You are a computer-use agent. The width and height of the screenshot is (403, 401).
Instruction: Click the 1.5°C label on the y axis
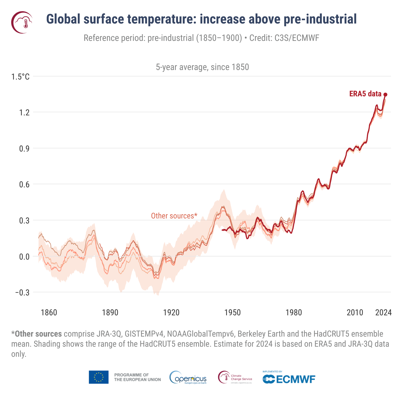point(20,77)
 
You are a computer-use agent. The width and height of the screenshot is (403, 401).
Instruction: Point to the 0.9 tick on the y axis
point(24,149)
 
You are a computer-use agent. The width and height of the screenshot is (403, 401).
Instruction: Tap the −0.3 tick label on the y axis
point(22,293)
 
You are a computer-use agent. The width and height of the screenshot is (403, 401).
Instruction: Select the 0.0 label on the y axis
point(24,257)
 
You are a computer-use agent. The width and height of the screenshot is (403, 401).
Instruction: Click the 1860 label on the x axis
point(49,313)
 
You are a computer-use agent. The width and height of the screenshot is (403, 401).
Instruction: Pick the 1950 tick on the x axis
point(233,313)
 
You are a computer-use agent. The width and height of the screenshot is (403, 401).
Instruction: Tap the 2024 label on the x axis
point(383,313)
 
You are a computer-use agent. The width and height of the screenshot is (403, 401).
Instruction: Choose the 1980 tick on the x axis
point(294,313)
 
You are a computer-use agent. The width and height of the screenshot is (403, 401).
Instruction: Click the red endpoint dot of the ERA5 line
point(385,95)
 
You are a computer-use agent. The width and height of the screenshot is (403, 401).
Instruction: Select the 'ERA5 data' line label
point(365,94)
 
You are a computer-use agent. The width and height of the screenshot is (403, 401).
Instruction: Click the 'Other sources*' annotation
point(174,216)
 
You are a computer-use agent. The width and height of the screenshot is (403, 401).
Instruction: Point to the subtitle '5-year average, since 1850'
point(202,67)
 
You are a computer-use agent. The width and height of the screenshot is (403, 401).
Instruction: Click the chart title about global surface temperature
point(201,19)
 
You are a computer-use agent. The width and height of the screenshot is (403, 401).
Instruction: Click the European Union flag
point(99,377)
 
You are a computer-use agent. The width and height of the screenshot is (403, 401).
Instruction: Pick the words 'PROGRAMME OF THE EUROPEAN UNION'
point(137,377)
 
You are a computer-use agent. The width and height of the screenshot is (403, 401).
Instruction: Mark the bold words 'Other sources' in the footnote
point(38,334)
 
